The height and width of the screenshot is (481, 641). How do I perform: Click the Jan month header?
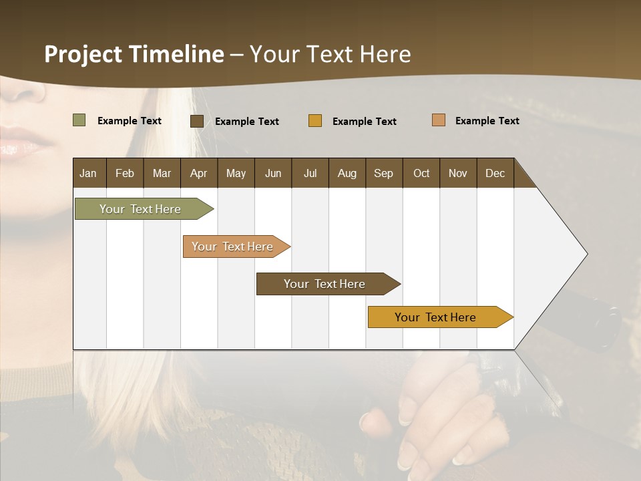[89, 173]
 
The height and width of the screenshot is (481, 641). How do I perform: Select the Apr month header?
[199, 173]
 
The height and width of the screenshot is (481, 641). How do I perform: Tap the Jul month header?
[310, 173]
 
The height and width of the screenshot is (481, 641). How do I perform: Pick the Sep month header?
[384, 173]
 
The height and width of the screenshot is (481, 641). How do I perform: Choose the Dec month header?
[495, 173]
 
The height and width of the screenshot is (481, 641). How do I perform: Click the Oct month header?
[421, 173]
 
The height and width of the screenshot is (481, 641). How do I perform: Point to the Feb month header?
[125, 173]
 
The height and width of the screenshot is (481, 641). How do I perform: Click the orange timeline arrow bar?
[234, 247]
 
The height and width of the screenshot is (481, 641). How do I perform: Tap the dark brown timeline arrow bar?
[325, 284]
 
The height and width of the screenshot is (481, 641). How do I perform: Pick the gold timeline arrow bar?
[437, 317]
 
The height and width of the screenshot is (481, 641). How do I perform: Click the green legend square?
[79, 120]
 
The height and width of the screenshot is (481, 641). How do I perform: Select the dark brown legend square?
[197, 121]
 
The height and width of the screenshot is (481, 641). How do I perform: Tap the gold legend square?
[315, 121]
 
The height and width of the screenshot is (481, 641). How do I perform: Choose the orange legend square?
[439, 120]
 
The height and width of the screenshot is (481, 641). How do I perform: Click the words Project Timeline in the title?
[134, 54]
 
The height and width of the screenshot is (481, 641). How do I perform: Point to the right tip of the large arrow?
[586, 254]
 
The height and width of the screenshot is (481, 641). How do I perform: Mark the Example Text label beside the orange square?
[487, 120]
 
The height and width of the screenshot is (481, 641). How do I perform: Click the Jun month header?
[273, 173]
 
